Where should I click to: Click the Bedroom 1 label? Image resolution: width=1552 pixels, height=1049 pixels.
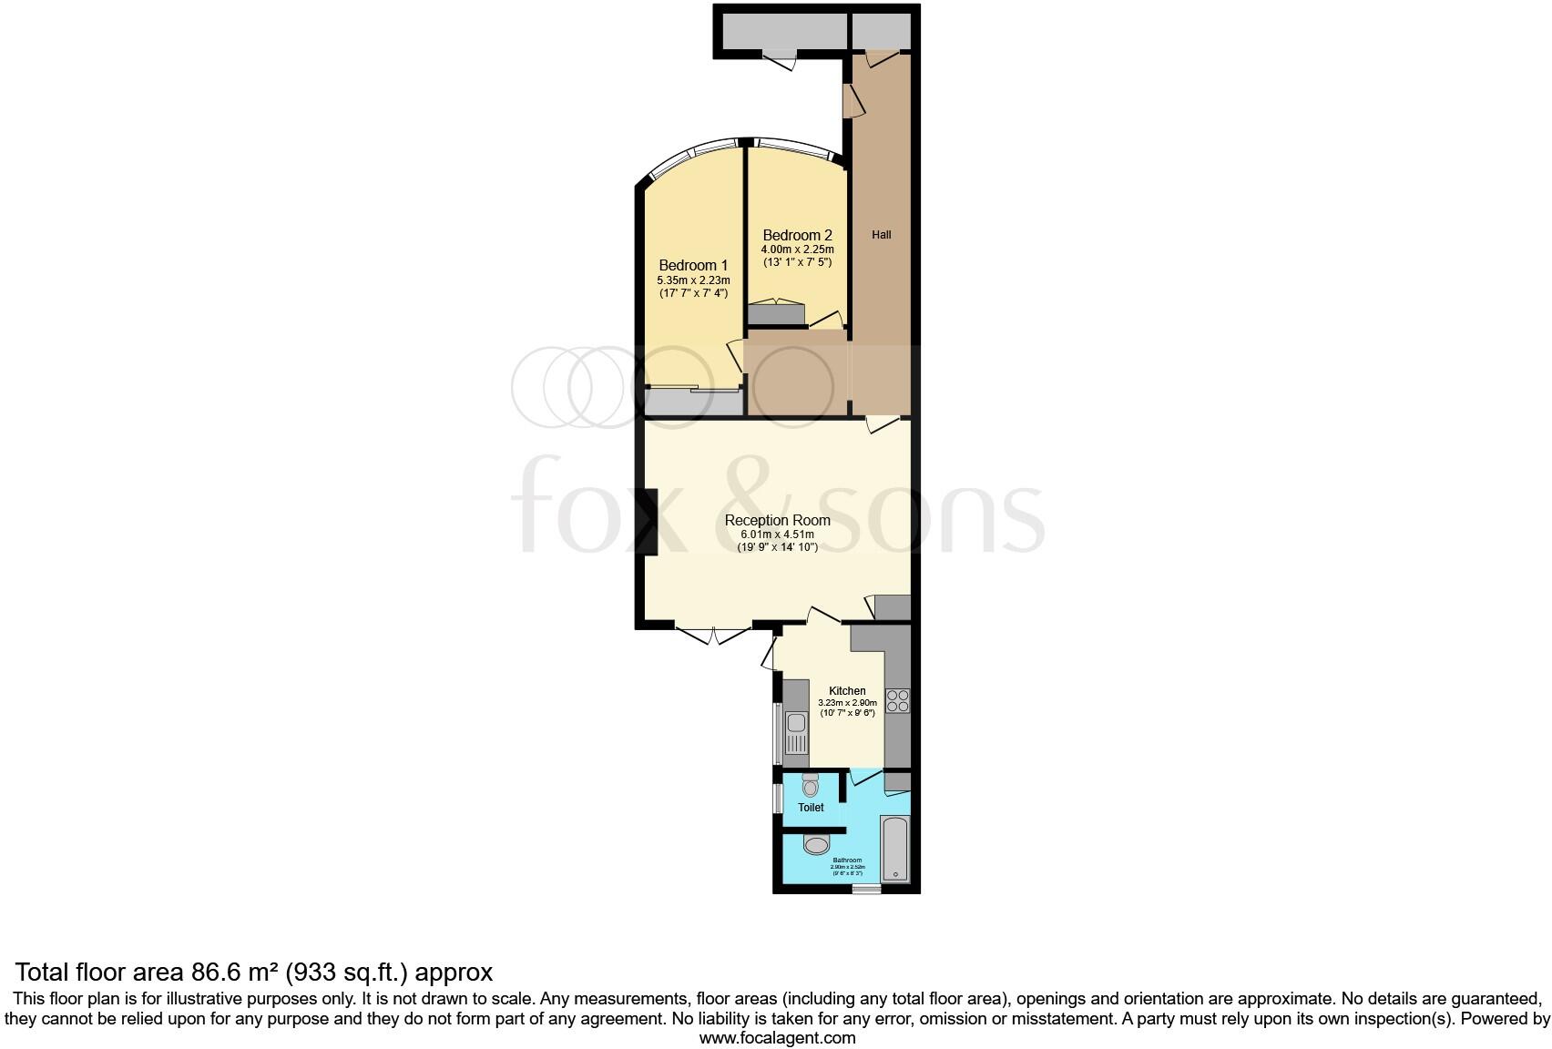pos(693,266)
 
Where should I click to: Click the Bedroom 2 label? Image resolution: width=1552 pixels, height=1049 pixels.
pos(797,235)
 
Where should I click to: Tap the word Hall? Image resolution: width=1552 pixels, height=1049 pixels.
pos(881,235)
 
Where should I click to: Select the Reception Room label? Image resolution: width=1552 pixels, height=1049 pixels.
pos(777,521)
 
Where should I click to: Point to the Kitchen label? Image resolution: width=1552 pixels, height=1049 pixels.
pos(847,691)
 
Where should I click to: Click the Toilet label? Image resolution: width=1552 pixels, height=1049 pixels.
pos(811,808)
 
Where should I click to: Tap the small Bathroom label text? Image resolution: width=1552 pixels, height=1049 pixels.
pos(847,860)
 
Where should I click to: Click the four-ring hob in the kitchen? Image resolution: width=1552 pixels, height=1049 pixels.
pos(897,700)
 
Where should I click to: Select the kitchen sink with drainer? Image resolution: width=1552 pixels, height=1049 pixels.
pos(797,734)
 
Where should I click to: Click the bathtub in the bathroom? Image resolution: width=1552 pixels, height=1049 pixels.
pos(894,849)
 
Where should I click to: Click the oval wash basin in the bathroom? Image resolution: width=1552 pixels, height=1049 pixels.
pos(817,846)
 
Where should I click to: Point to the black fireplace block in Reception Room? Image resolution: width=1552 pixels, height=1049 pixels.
pos(649,522)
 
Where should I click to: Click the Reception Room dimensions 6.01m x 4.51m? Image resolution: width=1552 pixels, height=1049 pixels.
pos(777,535)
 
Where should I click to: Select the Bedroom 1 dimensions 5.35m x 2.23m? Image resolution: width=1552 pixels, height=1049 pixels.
pos(693,280)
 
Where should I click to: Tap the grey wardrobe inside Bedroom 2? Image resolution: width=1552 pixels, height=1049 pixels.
pos(777,315)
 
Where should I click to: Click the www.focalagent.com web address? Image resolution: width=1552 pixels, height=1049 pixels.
pos(777,1037)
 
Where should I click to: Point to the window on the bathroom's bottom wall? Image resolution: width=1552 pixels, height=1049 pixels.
pos(866,888)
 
